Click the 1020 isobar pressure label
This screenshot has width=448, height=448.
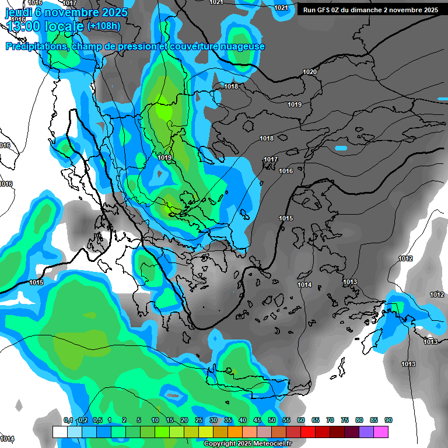(x=310, y=72)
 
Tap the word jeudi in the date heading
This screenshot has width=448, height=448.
(x=20, y=12)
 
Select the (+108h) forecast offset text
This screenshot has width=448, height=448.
(x=104, y=26)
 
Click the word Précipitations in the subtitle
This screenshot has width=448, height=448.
(x=36, y=47)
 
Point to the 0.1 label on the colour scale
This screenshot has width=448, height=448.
(x=68, y=420)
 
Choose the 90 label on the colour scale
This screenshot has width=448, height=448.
(x=388, y=420)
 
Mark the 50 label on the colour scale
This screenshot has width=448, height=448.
(x=272, y=420)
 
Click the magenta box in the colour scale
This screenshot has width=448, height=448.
(x=381, y=432)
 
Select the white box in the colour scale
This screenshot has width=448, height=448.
(x=60, y=432)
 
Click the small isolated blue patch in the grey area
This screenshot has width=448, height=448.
(x=341, y=148)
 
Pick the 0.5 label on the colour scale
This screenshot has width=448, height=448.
(x=97, y=420)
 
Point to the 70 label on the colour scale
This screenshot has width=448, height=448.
(x=330, y=420)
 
